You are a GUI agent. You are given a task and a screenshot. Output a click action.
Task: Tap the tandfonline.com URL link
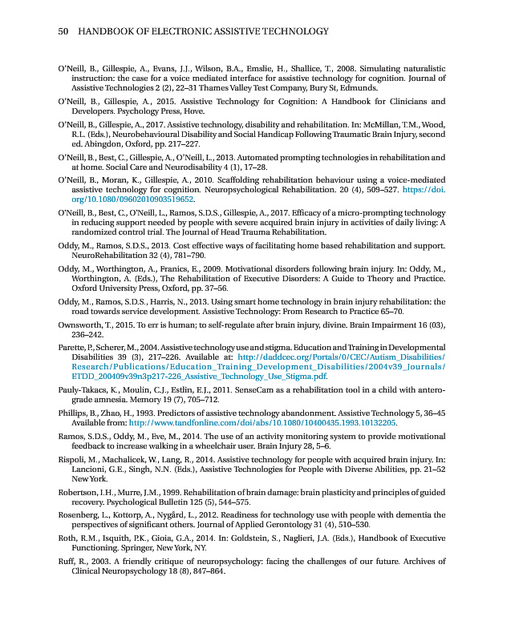[x=262, y=422]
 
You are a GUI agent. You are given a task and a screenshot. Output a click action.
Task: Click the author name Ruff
[x=68, y=562]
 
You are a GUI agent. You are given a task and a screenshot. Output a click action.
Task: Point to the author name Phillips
[x=75, y=413]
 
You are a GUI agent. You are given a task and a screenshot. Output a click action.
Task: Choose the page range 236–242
[x=87, y=333]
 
